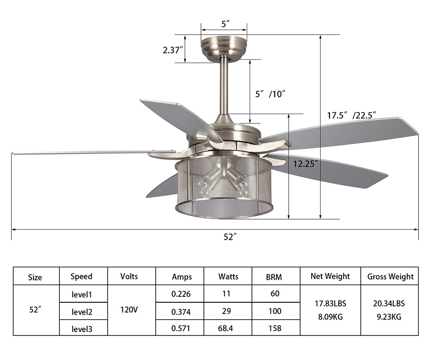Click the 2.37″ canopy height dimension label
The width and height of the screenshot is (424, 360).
coord(173,50)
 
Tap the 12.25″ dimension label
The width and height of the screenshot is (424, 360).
coord(306,164)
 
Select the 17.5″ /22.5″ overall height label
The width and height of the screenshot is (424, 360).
coord(351,115)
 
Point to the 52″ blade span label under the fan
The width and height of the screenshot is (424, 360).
coord(230,237)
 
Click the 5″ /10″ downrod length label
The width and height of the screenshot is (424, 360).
coord(271,94)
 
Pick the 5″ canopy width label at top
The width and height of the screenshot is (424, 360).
coord(226,24)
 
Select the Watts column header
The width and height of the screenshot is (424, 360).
coord(228,276)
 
